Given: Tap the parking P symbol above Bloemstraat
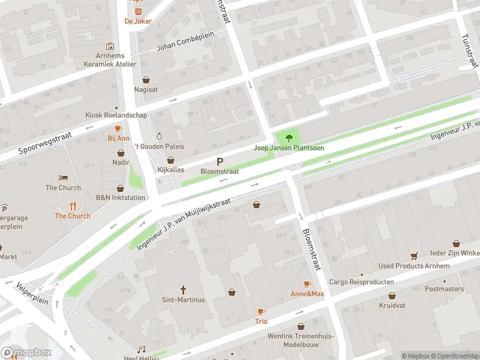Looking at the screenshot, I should click(x=220, y=161).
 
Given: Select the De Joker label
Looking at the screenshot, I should click(x=138, y=21).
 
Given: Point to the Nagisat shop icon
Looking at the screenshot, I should click(x=146, y=79).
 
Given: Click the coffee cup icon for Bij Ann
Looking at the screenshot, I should click(x=118, y=128).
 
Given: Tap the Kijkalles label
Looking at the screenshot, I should click(x=170, y=170).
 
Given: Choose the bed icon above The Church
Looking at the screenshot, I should click(x=63, y=178).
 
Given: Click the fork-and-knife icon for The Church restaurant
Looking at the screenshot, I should click(x=73, y=206).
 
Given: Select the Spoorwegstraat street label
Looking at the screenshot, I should click(x=45, y=142).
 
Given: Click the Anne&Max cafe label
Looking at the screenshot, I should click(x=307, y=294).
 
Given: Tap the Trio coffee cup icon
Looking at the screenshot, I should click(x=261, y=311).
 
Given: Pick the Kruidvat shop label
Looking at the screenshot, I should click(x=392, y=306).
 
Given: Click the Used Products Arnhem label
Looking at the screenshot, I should click(x=413, y=266).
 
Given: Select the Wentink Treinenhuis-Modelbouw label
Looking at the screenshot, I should click(x=300, y=340).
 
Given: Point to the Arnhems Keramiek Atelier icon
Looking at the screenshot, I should click(x=110, y=46).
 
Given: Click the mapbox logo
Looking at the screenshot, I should click(x=26, y=352).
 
